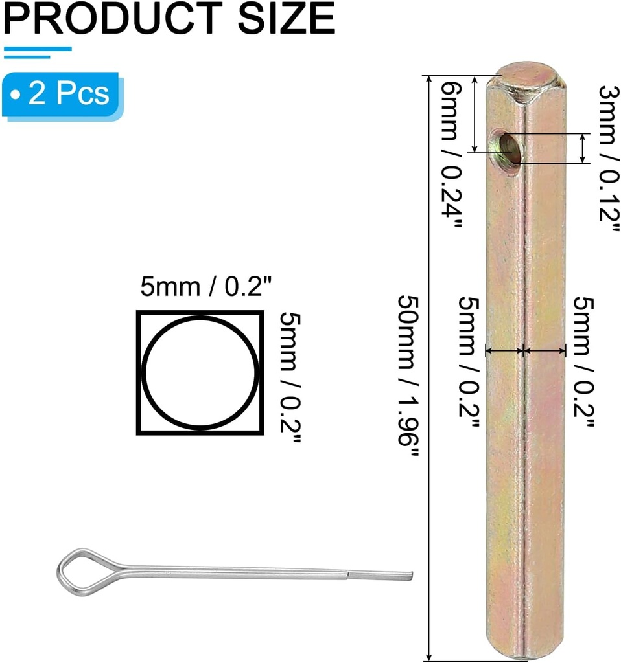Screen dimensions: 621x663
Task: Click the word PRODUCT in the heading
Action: pos(113,17)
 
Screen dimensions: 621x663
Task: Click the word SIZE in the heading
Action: pos(287,17)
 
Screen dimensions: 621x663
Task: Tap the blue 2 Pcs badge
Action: pos(62,95)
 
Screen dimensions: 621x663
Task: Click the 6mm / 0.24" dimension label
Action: pos(451,154)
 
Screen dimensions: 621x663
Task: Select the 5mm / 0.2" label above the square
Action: pos(205,287)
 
